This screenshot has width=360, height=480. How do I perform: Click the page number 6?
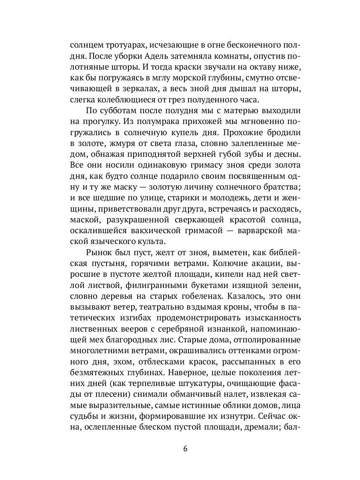[185, 448]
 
